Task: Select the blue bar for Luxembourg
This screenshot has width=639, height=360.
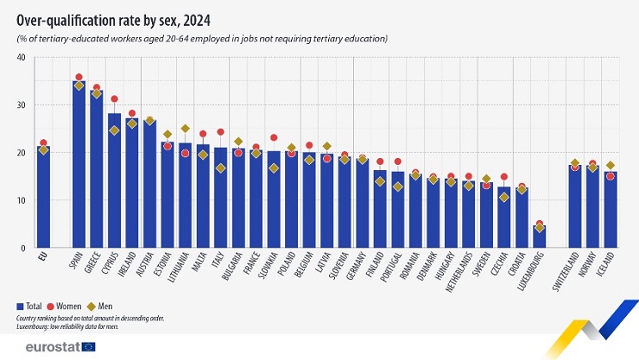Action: tap(539, 237)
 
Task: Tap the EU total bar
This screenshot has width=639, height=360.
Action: tap(43, 198)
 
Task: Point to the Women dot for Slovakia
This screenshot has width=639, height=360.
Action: tap(274, 137)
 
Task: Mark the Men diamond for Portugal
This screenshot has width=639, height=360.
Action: tap(398, 186)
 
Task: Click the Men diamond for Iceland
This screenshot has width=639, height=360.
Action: tap(610, 165)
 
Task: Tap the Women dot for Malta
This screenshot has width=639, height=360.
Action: tap(203, 134)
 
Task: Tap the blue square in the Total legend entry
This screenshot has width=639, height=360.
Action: tap(21, 306)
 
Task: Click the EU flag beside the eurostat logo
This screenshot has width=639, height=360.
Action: tap(87, 346)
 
